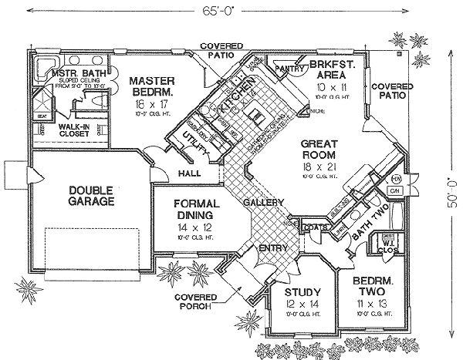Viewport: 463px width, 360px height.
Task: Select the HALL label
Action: (189, 174)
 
